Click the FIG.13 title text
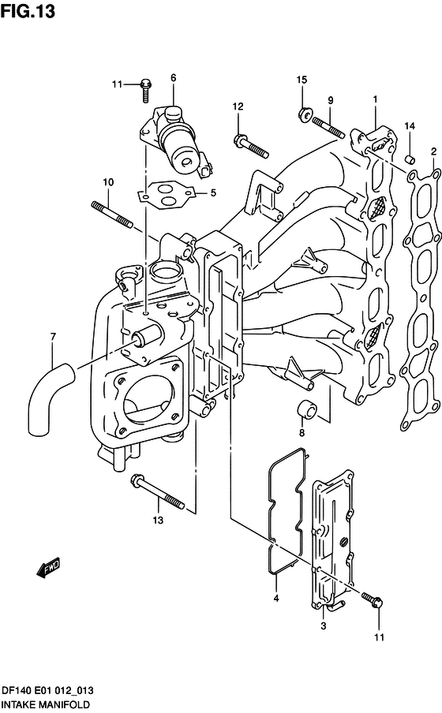pos(28,11)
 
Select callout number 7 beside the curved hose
pos(53,337)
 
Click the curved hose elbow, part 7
pos(47,397)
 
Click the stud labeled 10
pos(112,215)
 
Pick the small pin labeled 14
pos(410,159)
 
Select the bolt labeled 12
pos(251,145)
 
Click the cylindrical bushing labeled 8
pos(307,409)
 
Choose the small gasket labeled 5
pos(167,195)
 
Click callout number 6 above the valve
pos(174,78)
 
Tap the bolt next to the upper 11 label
pos(146,90)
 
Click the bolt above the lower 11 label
pos(373,599)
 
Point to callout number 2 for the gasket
pos(434,151)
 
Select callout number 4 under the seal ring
pos(275,599)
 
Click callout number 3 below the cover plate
pos(323,625)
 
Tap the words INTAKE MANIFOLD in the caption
pos(46,705)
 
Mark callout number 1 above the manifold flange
pos(376,99)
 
